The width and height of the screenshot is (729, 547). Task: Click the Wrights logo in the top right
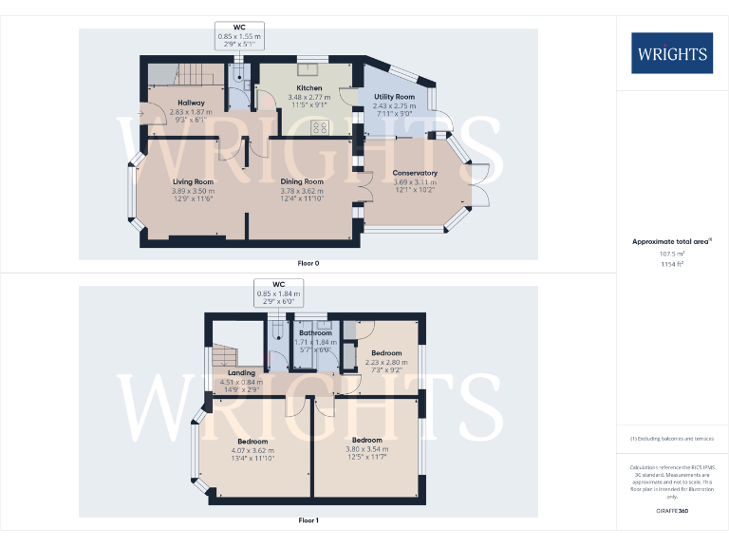[671, 53]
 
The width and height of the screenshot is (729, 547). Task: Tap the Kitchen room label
[309, 88]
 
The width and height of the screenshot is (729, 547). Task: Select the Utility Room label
[395, 97]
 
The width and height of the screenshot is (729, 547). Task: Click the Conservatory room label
[415, 173]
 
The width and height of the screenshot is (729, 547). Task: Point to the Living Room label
[193, 181]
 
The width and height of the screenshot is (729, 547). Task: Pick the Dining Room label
[302, 181]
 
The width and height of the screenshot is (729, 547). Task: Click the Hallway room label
[191, 103]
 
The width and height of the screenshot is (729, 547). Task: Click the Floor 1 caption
[308, 520]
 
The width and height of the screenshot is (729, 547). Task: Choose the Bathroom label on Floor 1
[316, 333]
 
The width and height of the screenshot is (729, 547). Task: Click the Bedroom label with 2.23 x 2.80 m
[386, 353]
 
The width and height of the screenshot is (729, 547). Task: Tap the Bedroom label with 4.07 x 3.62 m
[252, 442]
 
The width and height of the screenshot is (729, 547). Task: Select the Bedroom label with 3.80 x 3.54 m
[366, 441]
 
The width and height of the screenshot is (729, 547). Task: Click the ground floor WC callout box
[239, 35]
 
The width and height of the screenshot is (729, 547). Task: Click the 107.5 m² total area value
[671, 254]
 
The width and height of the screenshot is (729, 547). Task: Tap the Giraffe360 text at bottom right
[671, 511]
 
